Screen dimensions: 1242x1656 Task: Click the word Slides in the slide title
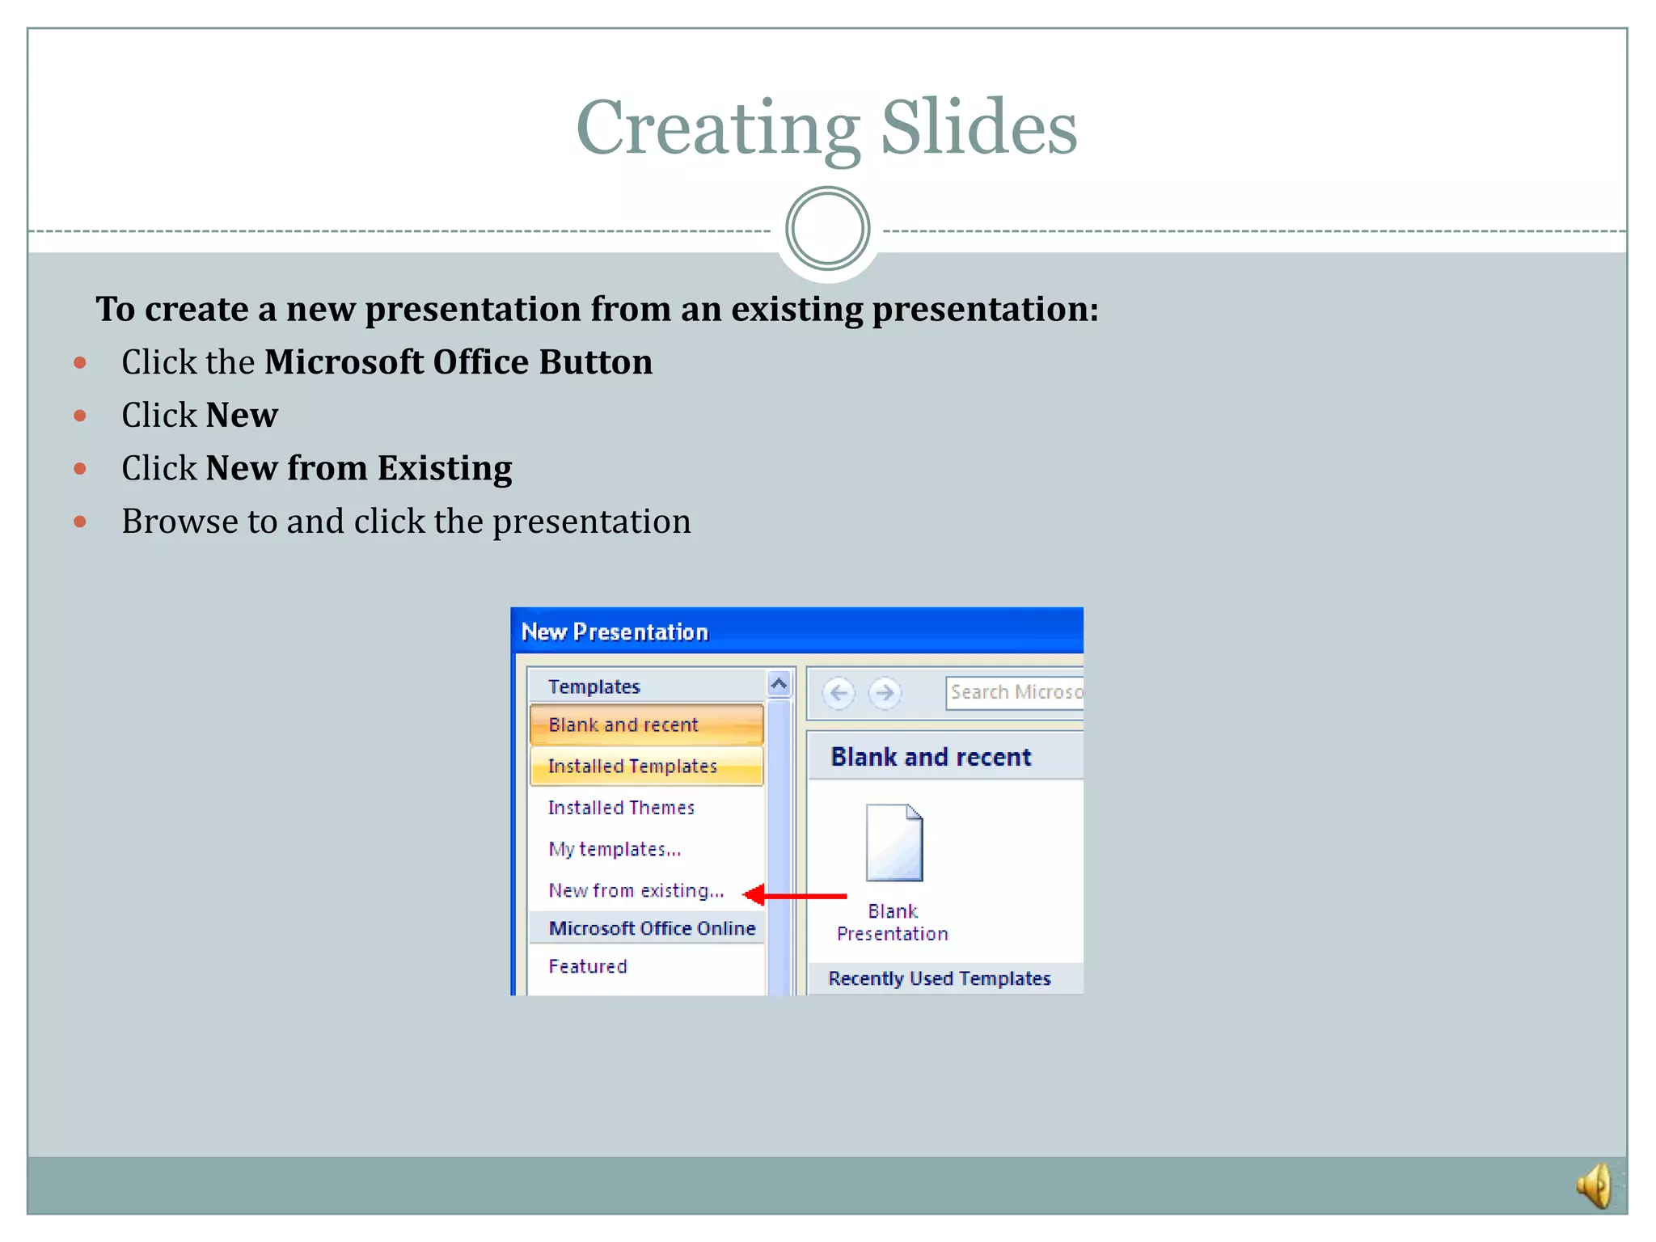(978, 129)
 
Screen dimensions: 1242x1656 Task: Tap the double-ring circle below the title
(827, 229)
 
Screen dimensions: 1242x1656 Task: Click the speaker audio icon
(1595, 1185)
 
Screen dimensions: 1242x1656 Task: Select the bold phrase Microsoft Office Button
(458, 362)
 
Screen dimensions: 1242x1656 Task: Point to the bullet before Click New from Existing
(80, 469)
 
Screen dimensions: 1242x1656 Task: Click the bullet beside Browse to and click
(80, 522)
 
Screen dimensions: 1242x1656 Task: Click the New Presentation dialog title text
(615, 632)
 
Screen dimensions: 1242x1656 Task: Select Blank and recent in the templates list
(623, 724)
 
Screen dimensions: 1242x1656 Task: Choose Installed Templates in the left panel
(632, 767)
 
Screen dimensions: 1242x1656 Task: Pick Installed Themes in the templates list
(621, 808)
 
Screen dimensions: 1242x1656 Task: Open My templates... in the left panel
(615, 849)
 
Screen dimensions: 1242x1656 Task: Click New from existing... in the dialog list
(636, 891)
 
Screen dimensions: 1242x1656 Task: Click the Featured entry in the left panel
(588, 966)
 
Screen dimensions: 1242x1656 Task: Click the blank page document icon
(893, 843)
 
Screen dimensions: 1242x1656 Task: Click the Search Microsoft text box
(1015, 693)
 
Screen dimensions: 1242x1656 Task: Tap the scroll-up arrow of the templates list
(779, 685)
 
